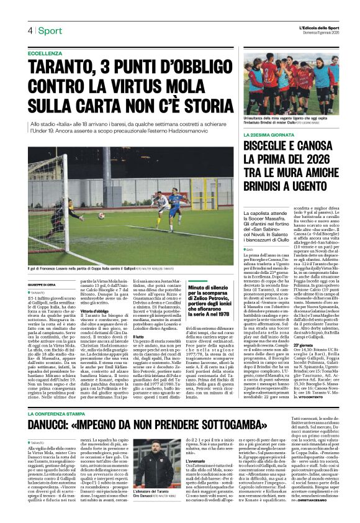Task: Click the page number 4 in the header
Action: [x=29, y=30]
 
